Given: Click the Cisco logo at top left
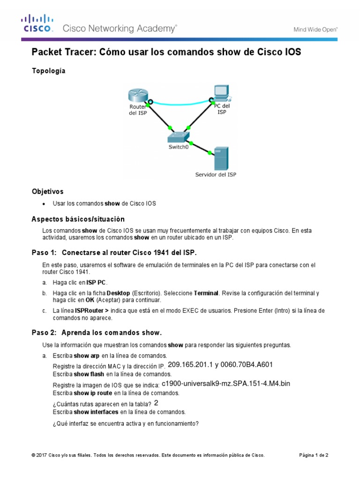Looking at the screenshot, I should tap(36, 24).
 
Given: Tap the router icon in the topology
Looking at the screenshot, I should tap(137, 95).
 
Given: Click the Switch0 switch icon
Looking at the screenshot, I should tap(179, 136).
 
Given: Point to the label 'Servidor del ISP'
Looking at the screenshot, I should tap(216, 175).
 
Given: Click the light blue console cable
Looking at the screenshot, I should tap(180, 103).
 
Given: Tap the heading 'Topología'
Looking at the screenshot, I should tap(48, 71).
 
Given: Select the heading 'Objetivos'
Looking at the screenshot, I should tap(47, 192).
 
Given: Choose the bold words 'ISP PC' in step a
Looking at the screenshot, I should tap(97, 282).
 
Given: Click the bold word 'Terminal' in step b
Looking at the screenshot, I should tap(206, 293).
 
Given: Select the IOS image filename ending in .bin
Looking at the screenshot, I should tap(226, 383).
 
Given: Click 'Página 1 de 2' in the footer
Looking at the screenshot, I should tap(314, 455).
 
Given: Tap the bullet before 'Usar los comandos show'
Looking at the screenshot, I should tap(44, 204).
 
